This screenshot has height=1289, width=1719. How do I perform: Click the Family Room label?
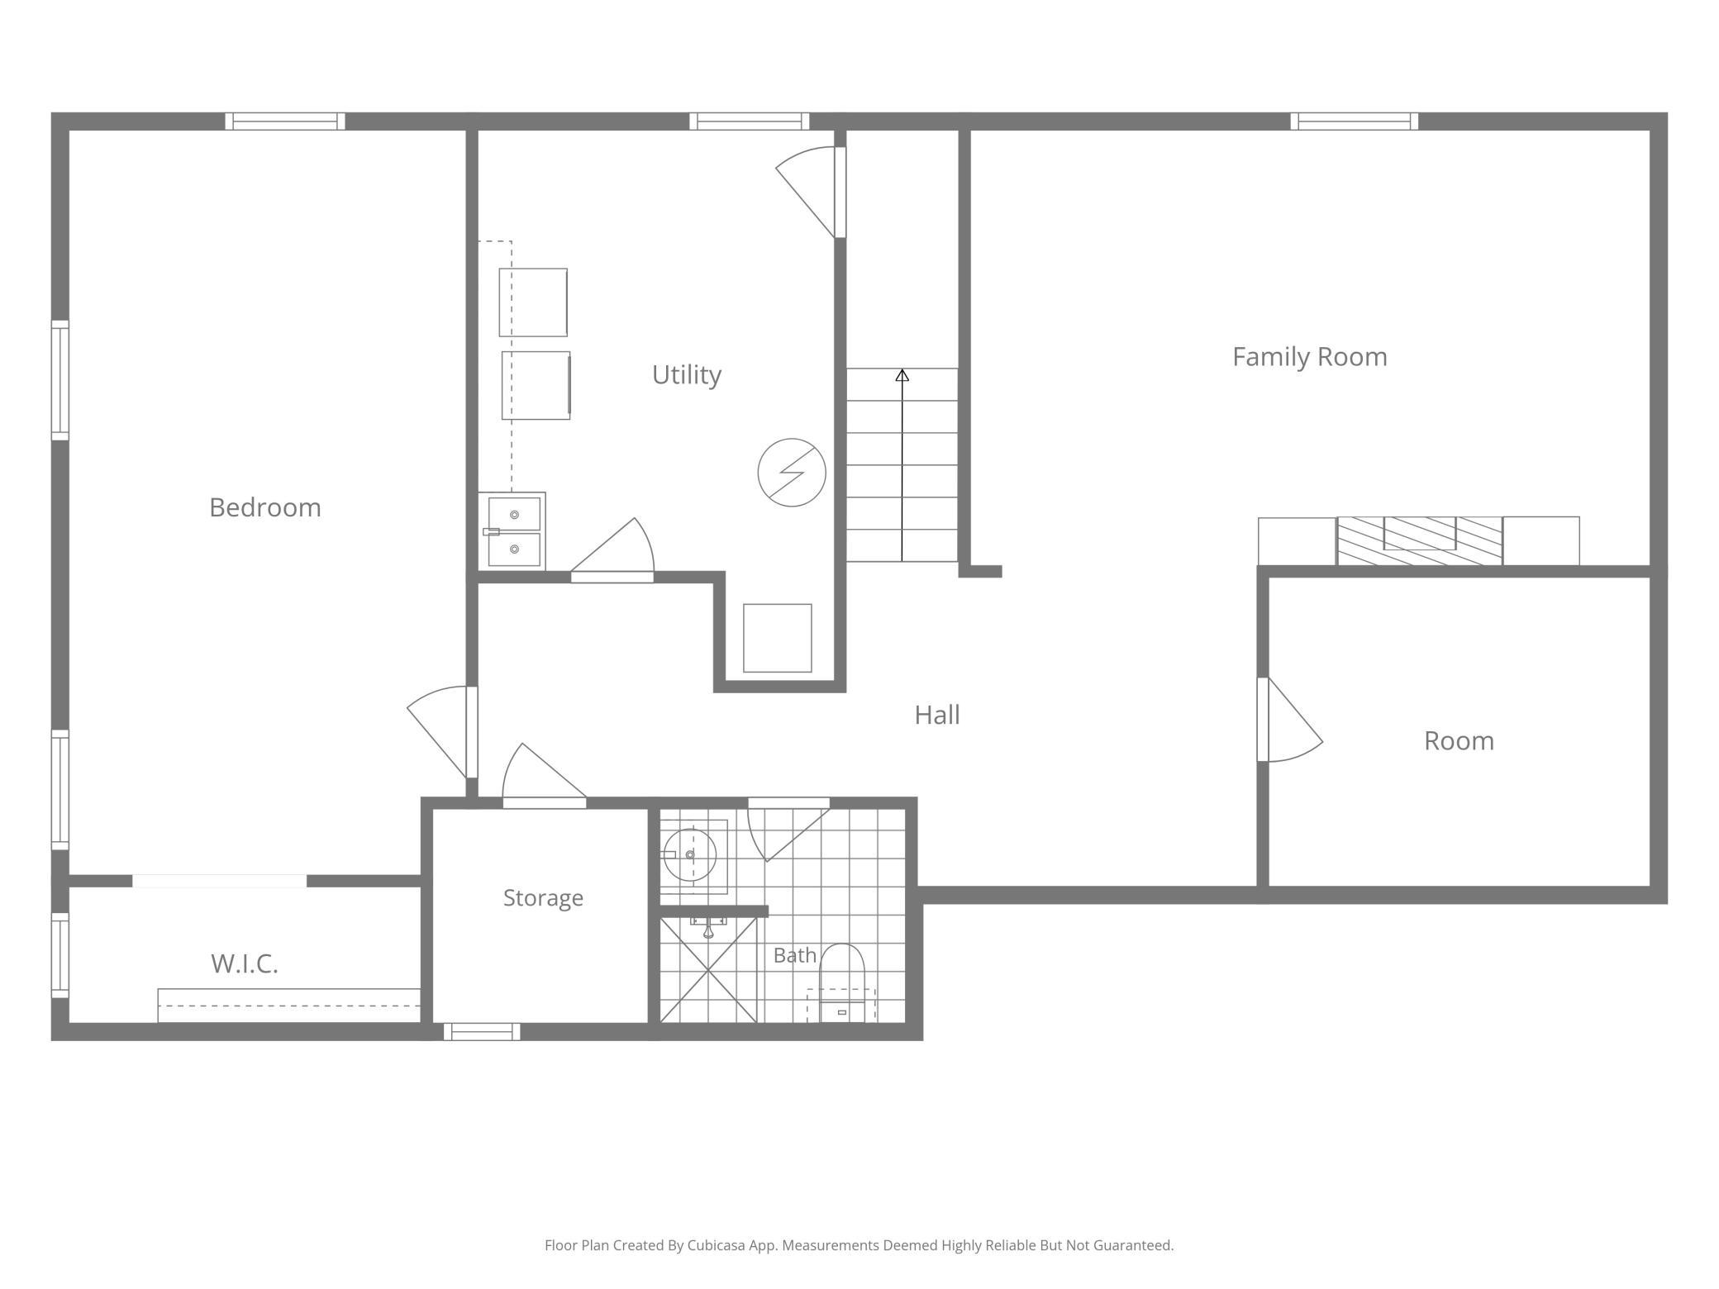(1309, 357)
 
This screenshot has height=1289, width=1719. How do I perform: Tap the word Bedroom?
(265, 507)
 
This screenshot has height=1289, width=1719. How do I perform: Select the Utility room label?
(687, 375)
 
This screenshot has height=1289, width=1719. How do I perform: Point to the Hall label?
(937, 715)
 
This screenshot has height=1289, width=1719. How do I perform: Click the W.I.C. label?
(245, 963)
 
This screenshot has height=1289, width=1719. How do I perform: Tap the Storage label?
(543, 898)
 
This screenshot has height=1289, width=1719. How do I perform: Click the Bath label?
(795, 955)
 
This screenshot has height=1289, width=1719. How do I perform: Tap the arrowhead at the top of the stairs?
(902, 375)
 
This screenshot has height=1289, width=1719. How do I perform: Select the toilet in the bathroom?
(841, 983)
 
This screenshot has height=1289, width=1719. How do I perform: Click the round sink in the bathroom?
(690, 855)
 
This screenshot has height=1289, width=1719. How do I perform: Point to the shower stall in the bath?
(708, 970)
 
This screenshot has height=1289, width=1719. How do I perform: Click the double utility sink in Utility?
(512, 531)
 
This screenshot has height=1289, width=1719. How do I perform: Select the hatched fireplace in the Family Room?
(1420, 541)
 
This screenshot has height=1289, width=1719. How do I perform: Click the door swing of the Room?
(1290, 720)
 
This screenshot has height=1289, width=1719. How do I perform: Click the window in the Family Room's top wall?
(1355, 121)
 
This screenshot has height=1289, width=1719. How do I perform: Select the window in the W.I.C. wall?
(60, 955)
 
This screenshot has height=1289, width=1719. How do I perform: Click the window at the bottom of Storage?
(482, 1031)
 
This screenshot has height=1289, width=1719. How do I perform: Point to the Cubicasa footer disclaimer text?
(859, 1244)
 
